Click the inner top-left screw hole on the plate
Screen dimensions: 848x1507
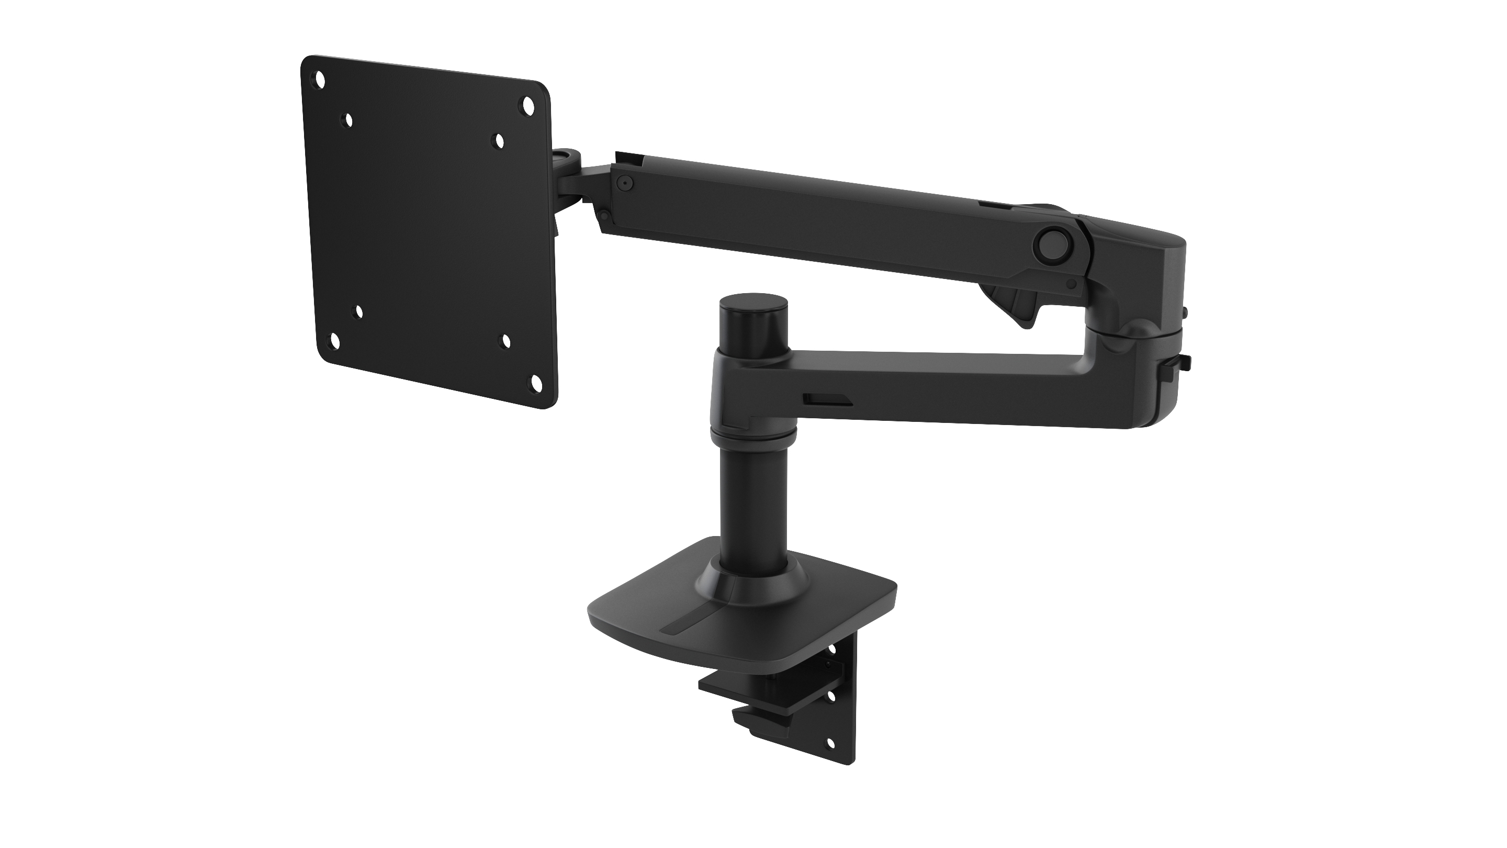click(348, 120)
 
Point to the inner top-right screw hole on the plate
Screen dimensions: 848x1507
click(500, 140)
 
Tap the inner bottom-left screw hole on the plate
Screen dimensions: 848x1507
click(359, 313)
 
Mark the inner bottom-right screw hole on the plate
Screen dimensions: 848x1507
click(506, 342)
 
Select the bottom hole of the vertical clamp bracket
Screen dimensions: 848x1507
click(829, 744)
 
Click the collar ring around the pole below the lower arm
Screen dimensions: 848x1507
click(753, 437)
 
